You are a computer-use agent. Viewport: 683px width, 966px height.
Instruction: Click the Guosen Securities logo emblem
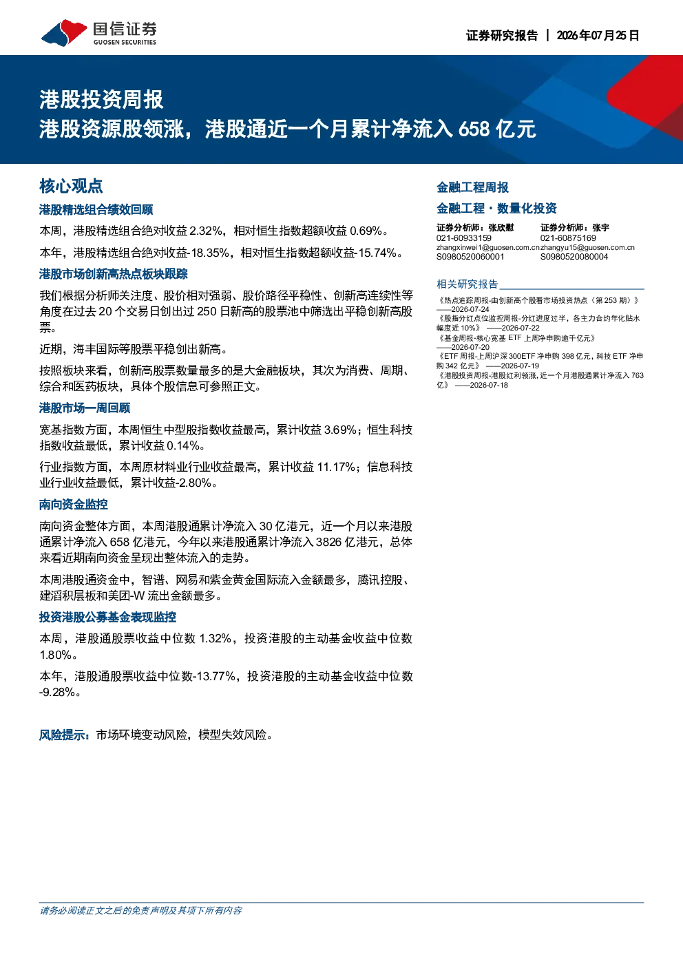[x=64, y=32]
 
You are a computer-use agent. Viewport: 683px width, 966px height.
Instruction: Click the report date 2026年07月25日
[x=598, y=35]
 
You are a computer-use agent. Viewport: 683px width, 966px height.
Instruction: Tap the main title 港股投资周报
[x=101, y=100]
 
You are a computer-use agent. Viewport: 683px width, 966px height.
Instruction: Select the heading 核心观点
[x=71, y=186]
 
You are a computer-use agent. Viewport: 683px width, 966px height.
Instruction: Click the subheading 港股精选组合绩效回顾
[x=96, y=209]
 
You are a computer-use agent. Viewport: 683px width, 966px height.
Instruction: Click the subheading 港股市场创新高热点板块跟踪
[x=114, y=274]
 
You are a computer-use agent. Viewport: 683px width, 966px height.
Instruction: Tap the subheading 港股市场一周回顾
[x=85, y=408]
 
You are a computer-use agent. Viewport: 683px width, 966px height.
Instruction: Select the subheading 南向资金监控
[x=73, y=505]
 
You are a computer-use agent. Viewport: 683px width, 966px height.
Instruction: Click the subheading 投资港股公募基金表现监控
[x=108, y=617]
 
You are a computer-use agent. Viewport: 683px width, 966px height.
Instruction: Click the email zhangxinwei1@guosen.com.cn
[x=488, y=248]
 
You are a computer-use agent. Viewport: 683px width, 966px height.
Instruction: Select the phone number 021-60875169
[x=568, y=238]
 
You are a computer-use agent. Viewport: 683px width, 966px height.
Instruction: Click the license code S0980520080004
[x=574, y=257]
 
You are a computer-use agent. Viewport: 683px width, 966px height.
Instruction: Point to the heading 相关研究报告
[x=467, y=284]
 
